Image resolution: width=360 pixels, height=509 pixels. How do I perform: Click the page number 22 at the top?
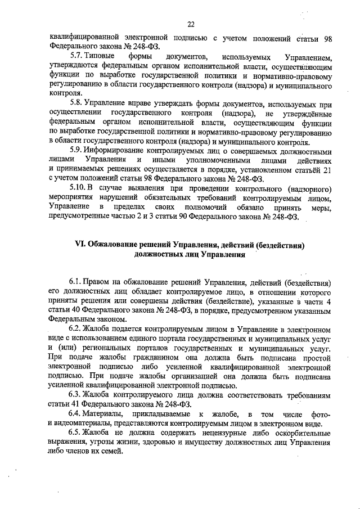click(191, 24)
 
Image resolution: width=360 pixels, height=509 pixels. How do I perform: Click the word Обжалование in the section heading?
click(120, 245)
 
